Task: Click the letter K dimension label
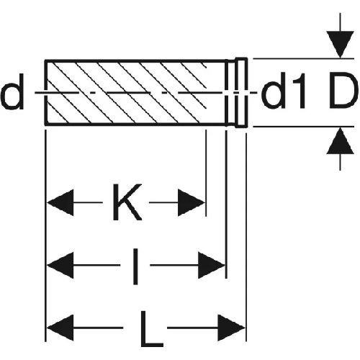(127, 202)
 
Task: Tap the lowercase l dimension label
(135, 266)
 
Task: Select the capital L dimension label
(152, 329)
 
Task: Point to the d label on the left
(12, 91)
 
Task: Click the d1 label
(284, 91)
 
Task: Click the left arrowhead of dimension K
(60, 202)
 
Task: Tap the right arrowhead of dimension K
(191, 202)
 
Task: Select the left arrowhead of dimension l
(60, 265)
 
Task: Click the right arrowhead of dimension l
(212, 265)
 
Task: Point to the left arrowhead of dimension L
(60, 328)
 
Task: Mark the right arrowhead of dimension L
(231, 328)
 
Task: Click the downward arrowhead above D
(340, 45)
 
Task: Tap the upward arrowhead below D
(340, 140)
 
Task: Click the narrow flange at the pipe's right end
(241, 93)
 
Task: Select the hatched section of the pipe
(125, 93)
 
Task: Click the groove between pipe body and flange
(231, 93)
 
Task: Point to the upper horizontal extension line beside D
(304, 58)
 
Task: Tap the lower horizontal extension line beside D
(304, 126)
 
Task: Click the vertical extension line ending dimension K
(206, 173)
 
